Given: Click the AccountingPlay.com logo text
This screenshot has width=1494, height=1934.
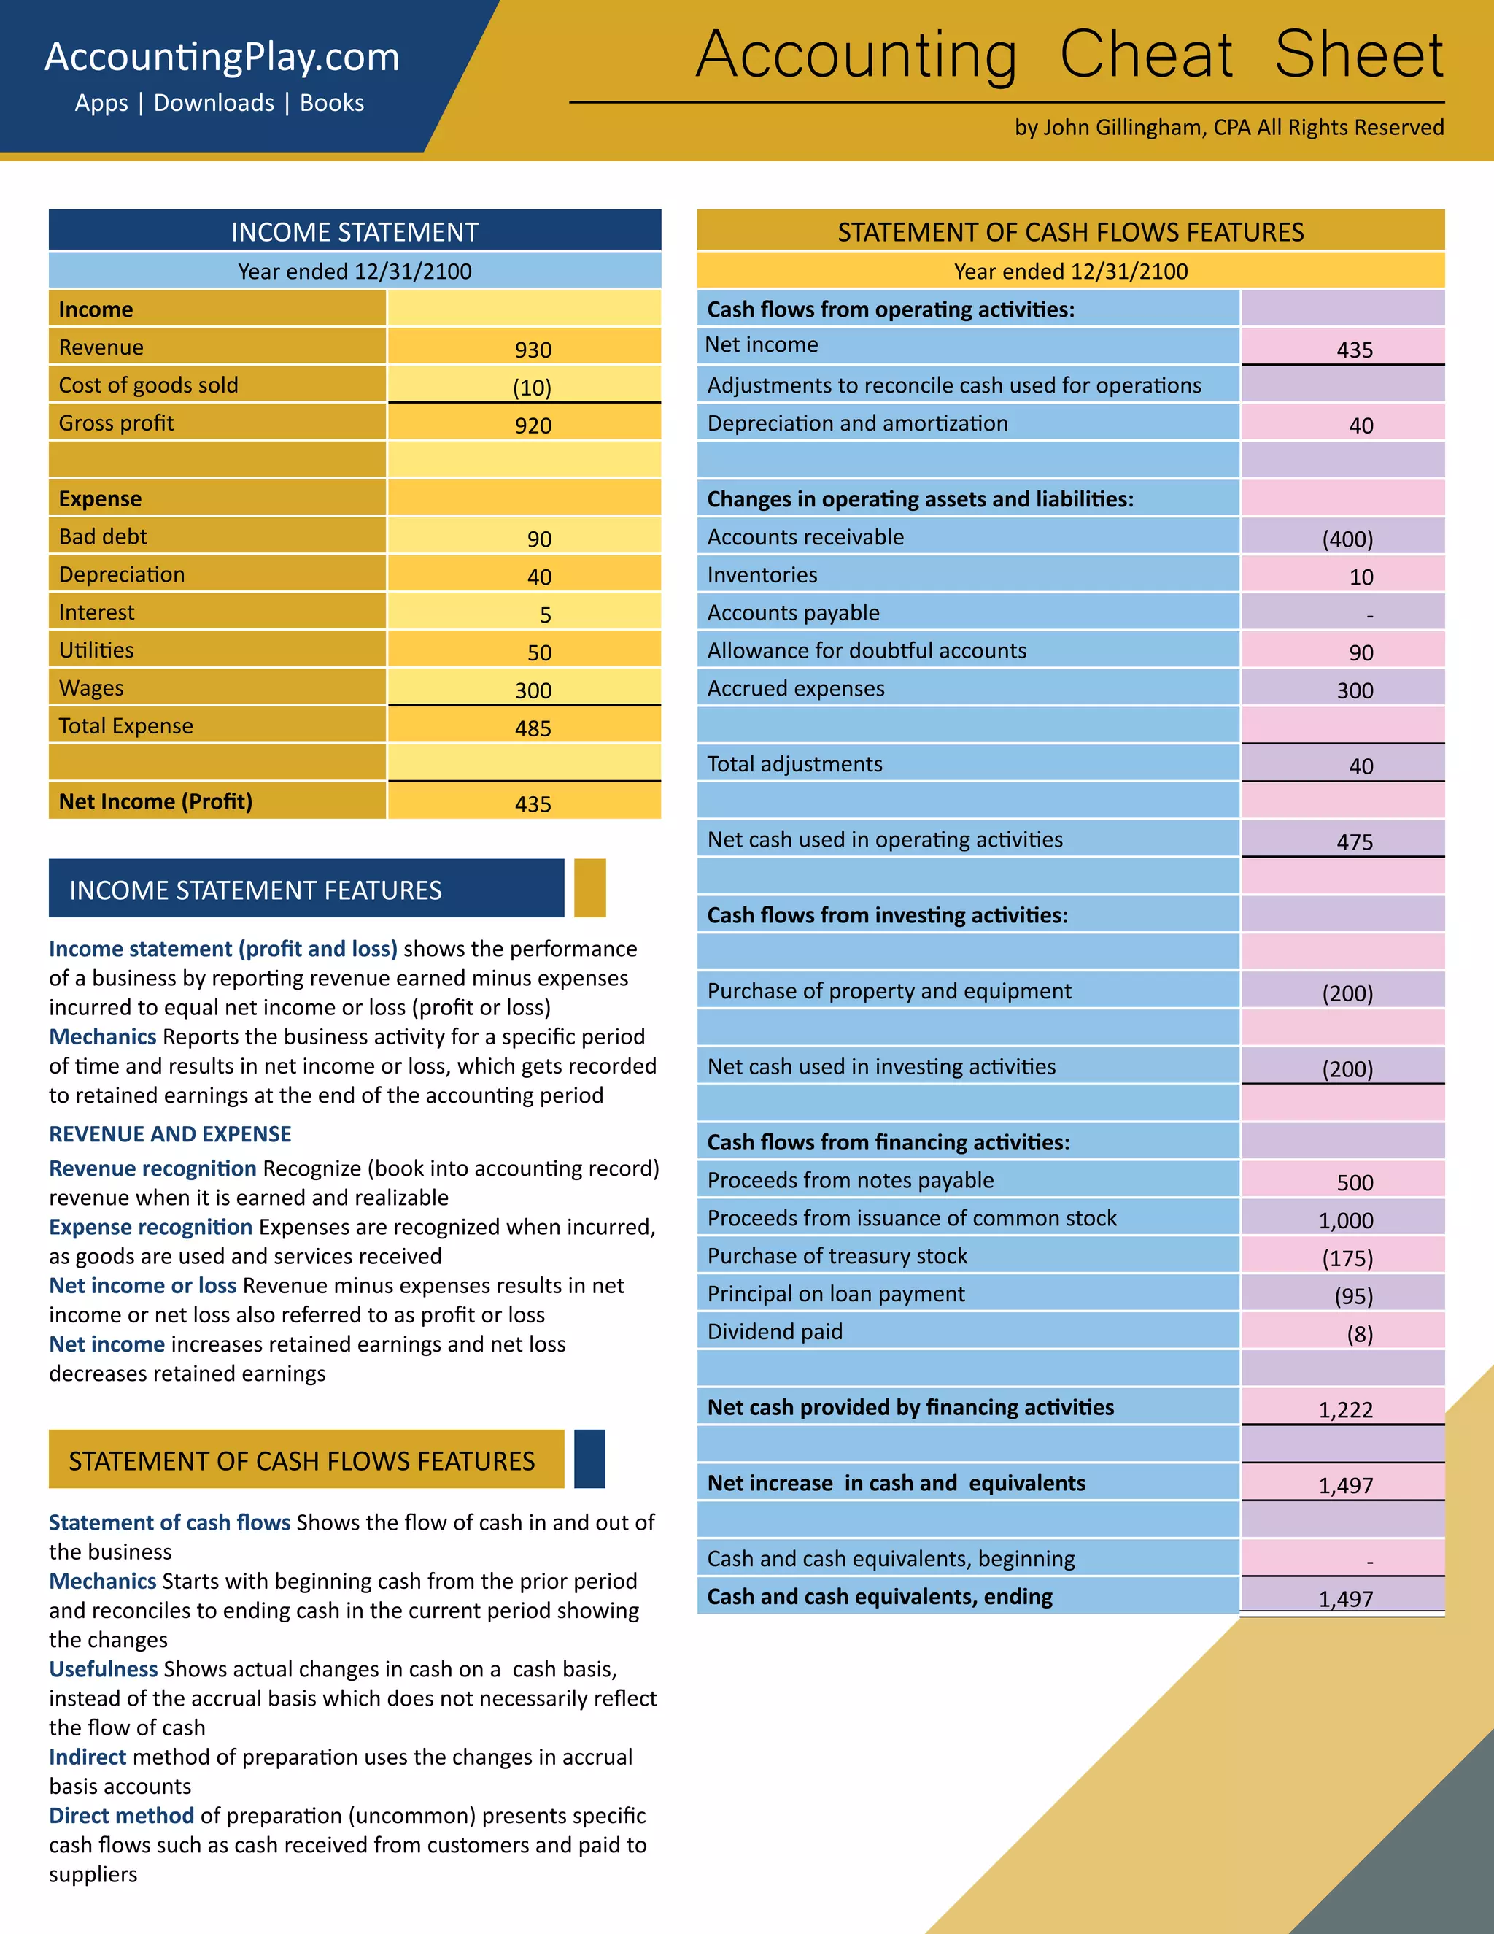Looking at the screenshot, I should click(222, 58).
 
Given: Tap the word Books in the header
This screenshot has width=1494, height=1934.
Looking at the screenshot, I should click(332, 103).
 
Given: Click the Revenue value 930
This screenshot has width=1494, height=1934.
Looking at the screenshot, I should click(533, 350).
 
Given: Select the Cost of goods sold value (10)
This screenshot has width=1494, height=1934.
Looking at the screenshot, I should click(532, 388).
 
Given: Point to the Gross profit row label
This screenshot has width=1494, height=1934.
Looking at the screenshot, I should click(116, 423).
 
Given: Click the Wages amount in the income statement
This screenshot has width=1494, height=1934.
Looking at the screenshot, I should click(533, 690).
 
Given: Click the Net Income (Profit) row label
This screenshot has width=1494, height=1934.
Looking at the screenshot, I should click(155, 801).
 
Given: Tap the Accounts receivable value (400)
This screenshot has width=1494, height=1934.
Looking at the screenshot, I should click(1347, 539).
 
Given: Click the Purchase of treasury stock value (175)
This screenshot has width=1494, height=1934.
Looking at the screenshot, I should click(1347, 1258).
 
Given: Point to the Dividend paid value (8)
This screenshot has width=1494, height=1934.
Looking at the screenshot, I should click(1360, 1333).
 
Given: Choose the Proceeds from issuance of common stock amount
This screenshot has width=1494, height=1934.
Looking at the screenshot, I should click(1345, 1220).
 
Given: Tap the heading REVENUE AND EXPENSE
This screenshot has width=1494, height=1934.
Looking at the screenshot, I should click(170, 1134).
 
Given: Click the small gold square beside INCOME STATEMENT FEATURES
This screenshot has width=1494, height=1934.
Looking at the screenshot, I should click(589, 887).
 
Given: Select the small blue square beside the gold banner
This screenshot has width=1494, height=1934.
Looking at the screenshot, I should click(589, 1458).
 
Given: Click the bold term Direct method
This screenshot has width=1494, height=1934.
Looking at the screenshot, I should click(121, 1815).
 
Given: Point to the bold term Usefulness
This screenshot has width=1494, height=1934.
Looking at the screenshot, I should click(104, 1669).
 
